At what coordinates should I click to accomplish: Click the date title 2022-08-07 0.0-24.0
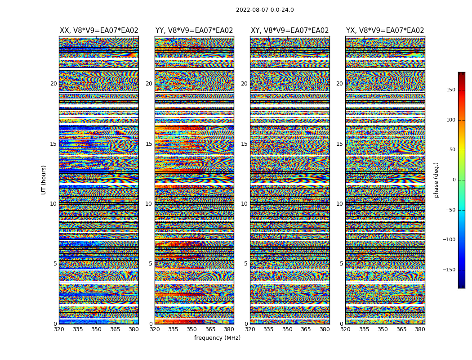click(265, 10)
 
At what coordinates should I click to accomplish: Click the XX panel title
click(99, 31)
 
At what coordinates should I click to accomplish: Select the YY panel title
click(194, 31)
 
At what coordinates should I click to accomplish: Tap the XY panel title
click(289, 31)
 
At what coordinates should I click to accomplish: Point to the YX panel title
click(385, 31)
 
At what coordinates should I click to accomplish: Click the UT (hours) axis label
click(44, 180)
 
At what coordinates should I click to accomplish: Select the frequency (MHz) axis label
click(217, 338)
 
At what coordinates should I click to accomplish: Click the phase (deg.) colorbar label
click(436, 180)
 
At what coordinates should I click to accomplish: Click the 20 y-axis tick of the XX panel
click(53, 84)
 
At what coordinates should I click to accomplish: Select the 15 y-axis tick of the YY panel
click(149, 144)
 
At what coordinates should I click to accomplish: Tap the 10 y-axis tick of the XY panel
click(244, 204)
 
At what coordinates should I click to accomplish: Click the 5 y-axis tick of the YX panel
click(341, 264)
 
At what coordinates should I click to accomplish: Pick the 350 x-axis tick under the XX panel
click(96, 329)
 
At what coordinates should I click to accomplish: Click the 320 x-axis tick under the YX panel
click(345, 329)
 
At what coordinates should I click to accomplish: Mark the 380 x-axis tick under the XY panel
click(325, 329)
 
